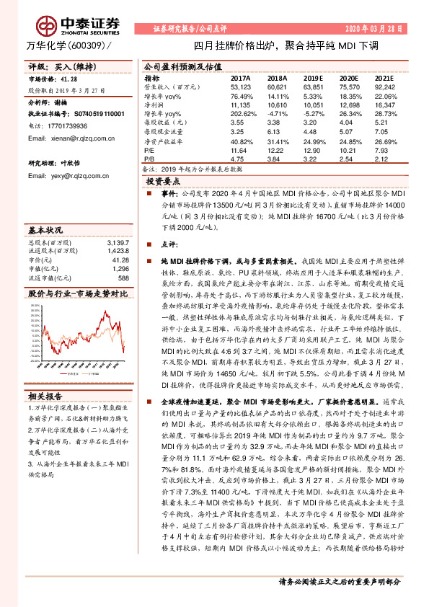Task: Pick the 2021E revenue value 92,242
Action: tap(384, 86)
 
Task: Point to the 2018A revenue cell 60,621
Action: tap(277, 86)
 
